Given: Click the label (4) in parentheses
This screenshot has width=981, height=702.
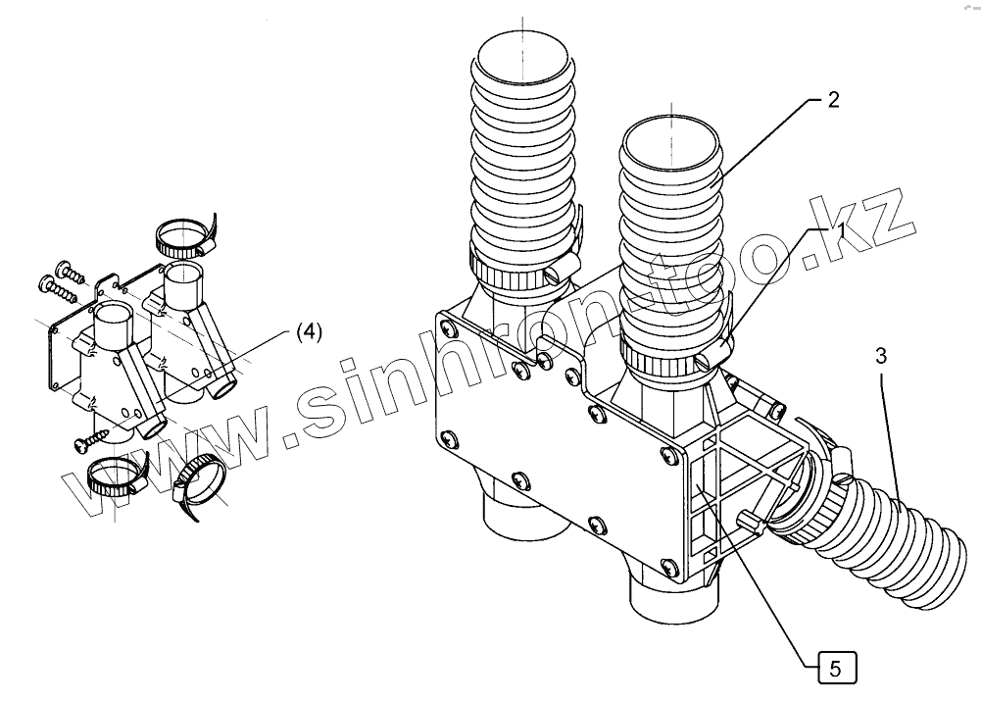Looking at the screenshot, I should pyautogui.click(x=308, y=332).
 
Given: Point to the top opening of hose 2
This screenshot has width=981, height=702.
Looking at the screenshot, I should pyautogui.click(x=671, y=142).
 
